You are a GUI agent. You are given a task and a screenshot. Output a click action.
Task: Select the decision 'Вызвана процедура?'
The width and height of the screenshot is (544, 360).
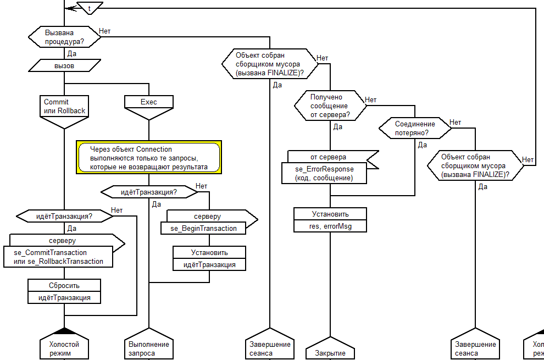[x=64, y=37]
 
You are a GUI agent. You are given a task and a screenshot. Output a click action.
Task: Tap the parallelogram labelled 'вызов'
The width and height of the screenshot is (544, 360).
[x=64, y=65]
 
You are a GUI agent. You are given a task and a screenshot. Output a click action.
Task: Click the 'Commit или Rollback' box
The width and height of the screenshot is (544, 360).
[x=64, y=107]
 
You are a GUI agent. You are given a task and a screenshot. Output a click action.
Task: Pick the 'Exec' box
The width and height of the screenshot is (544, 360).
[x=149, y=102]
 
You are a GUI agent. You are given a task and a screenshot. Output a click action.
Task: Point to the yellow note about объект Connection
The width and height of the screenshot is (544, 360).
[x=149, y=158]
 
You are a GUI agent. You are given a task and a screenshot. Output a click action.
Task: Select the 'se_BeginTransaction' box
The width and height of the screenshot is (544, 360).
[x=203, y=228]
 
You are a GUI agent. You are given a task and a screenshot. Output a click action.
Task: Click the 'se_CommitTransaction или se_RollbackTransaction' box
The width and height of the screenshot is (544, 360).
[x=61, y=257]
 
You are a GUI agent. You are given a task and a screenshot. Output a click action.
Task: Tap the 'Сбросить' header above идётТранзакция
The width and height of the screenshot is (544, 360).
[x=64, y=285]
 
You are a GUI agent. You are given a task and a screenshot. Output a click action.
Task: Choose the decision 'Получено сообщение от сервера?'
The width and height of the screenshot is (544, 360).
[x=329, y=106]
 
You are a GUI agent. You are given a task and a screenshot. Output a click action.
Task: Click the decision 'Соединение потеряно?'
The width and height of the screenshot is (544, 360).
[x=415, y=129]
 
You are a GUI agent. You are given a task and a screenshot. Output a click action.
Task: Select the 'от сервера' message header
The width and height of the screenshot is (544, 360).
[x=329, y=157]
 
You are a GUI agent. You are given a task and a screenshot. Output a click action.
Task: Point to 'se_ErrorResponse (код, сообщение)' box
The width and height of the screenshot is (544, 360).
[x=324, y=173]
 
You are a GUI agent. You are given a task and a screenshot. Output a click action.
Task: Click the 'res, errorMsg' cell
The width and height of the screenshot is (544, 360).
[x=330, y=226]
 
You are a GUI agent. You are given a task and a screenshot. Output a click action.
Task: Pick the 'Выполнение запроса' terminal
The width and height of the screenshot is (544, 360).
[x=149, y=348]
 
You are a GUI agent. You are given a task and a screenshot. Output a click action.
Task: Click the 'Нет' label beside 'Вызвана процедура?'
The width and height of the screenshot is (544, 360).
[x=104, y=31]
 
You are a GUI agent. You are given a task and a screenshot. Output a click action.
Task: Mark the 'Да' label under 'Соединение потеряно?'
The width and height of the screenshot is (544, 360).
[x=423, y=145]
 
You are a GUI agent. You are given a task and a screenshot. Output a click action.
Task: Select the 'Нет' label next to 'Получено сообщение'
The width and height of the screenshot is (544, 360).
[x=371, y=100]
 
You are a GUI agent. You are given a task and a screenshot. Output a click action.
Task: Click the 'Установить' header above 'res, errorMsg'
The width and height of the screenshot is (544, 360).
[x=330, y=214]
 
